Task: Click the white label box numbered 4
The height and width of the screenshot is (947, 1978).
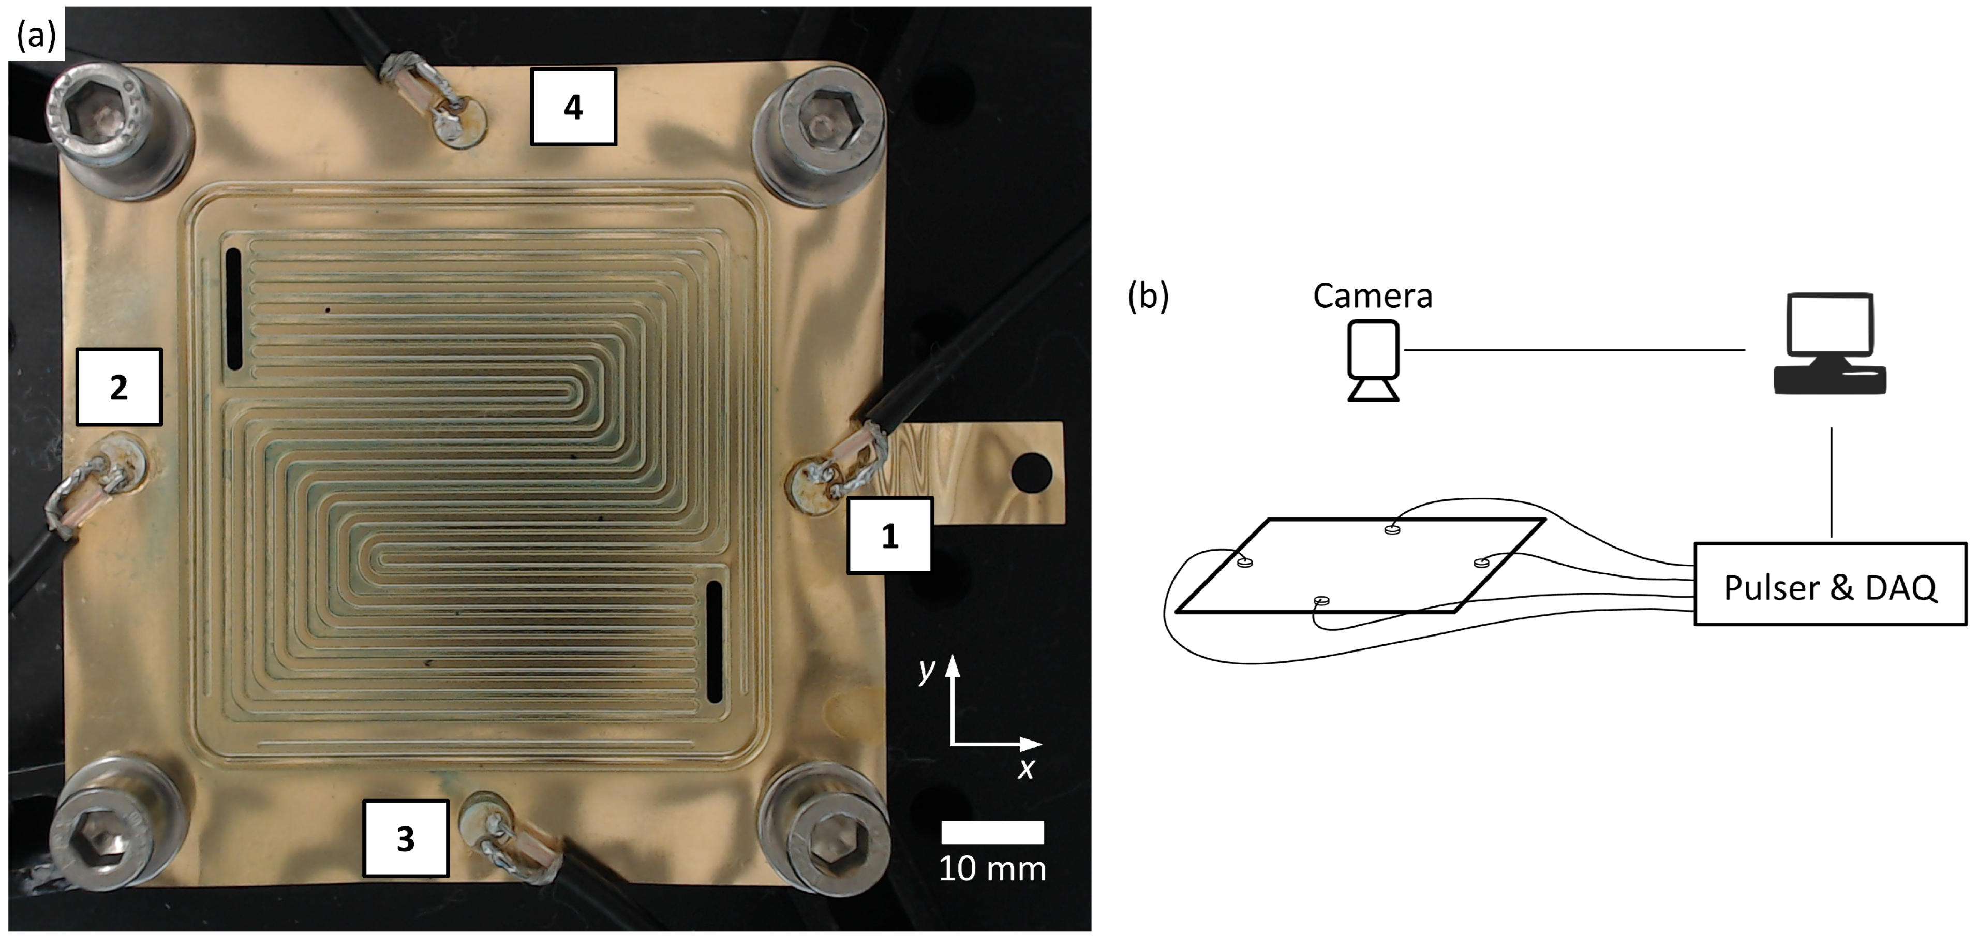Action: (x=573, y=107)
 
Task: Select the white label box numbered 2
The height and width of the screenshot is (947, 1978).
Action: (x=118, y=387)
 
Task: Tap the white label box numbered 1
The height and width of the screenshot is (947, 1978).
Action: (x=889, y=535)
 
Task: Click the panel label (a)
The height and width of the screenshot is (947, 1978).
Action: (x=36, y=35)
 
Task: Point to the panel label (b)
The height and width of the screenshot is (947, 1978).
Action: (x=1147, y=295)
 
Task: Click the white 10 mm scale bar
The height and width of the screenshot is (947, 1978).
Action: (x=992, y=832)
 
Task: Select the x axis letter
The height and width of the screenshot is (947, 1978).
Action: (x=1027, y=767)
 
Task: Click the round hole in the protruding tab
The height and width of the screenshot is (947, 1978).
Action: (x=1031, y=472)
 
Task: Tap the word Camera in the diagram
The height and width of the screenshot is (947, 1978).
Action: (x=1372, y=295)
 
